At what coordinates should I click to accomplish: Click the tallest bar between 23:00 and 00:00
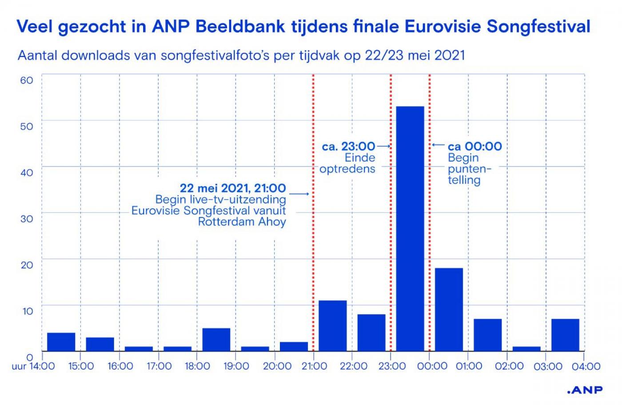[x=410, y=229]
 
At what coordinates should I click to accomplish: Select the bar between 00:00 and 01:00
[x=449, y=309]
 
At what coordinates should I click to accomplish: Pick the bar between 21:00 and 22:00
[x=333, y=326]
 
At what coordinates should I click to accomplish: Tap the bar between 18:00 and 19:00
[x=216, y=340]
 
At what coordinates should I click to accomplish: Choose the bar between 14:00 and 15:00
[x=61, y=342]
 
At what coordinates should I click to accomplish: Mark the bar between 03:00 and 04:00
[x=565, y=335]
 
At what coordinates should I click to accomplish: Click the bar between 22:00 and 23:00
[x=371, y=332]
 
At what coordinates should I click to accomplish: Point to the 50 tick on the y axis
[x=27, y=126]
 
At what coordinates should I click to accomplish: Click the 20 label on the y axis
[x=27, y=265]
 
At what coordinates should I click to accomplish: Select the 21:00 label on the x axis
[x=314, y=366]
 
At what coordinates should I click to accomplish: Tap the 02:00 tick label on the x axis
[x=509, y=366]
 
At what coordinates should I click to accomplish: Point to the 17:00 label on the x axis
[x=159, y=366]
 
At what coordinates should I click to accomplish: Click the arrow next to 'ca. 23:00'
[x=383, y=146]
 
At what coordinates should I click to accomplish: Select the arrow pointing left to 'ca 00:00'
[x=438, y=145]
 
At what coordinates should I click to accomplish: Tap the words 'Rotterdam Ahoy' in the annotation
[x=242, y=221]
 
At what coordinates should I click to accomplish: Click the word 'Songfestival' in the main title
[x=538, y=27]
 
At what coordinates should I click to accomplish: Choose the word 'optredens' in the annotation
[x=347, y=169]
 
